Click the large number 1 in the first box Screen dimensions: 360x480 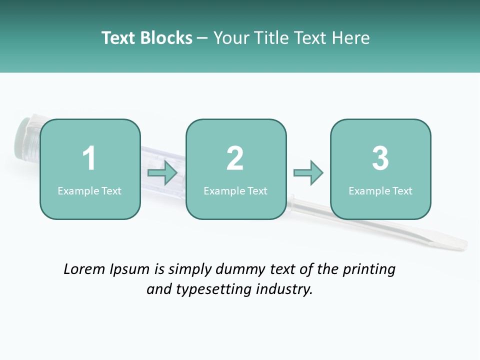pos(89,158)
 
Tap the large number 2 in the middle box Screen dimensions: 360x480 pos(235,158)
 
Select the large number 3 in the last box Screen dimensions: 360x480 pos(380,158)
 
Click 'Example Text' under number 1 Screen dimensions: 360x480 pos(89,191)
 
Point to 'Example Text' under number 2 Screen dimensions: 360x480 pos(235,191)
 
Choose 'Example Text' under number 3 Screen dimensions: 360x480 pos(380,191)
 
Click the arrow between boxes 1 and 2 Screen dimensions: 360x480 pos(163,173)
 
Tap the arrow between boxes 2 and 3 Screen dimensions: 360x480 pos(308,173)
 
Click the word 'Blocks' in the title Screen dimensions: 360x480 pos(166,38)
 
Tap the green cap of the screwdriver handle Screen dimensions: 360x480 pos(21,140)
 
